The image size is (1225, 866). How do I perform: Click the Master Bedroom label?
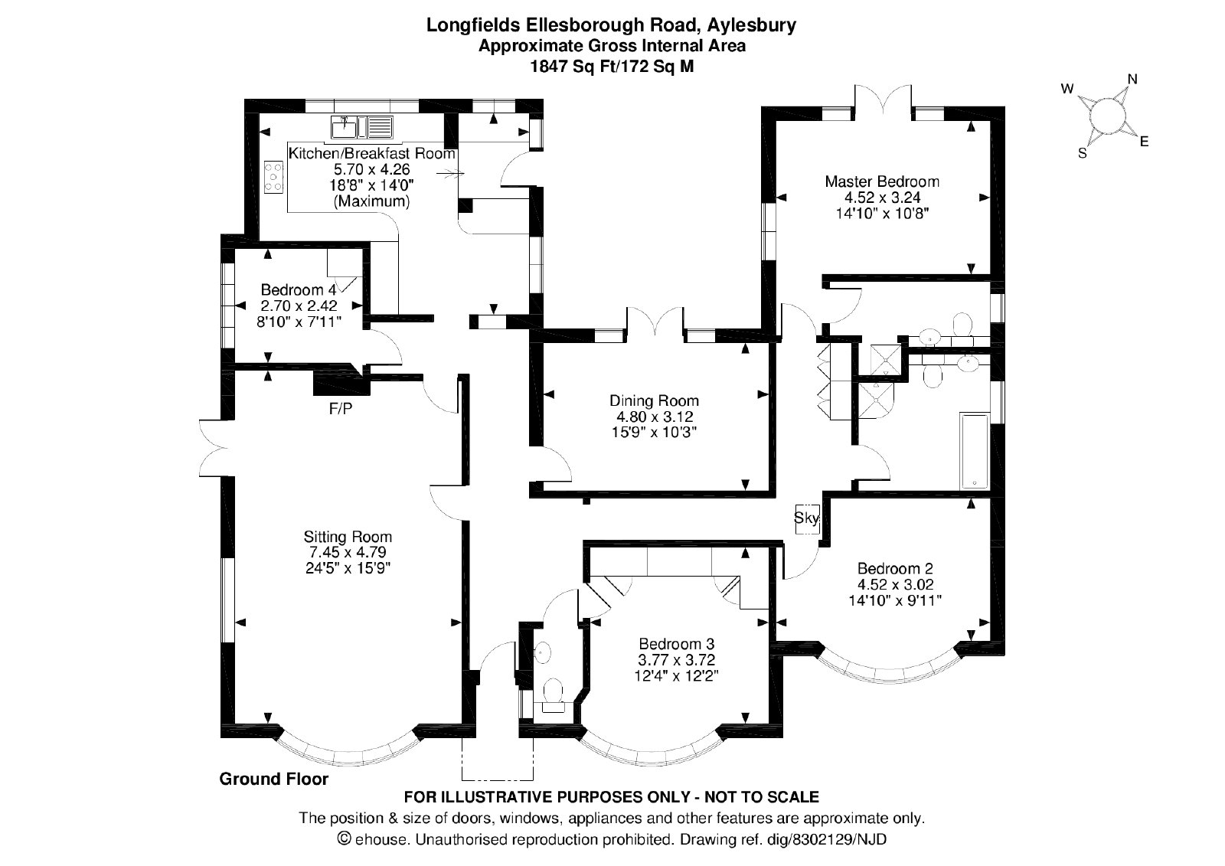882,181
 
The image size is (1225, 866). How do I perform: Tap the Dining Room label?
654,400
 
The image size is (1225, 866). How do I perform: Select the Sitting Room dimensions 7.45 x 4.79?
348,553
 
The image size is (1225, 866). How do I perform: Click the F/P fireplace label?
341,408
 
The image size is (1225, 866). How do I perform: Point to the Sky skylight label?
807,518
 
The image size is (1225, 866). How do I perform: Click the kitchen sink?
361,127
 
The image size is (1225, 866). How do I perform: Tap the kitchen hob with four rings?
274,177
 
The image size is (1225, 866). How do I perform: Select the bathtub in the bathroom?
975,451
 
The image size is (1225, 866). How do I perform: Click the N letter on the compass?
1132,80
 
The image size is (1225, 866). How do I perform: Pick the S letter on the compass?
1083,154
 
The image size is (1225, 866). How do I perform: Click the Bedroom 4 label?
299,289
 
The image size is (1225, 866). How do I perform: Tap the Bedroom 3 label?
677,644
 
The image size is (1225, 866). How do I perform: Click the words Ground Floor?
274,779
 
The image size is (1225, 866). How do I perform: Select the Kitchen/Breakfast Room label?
372,153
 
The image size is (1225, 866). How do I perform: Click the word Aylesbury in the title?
751,26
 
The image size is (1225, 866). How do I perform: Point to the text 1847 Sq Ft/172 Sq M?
612,66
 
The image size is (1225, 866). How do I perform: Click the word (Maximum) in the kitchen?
372,201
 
